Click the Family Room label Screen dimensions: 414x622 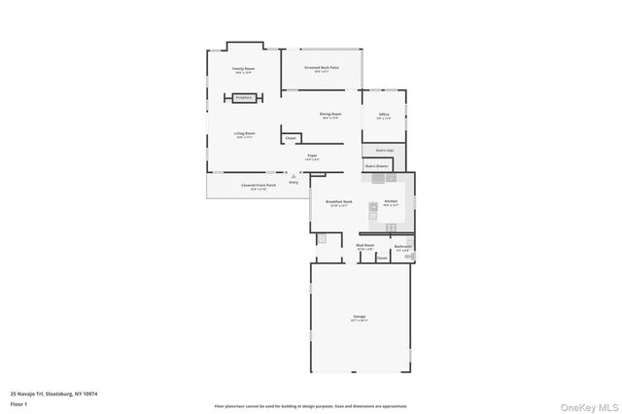[243, 69]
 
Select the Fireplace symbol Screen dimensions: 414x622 [243, 97]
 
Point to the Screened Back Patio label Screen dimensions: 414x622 [321, 68]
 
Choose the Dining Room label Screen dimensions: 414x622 [330, 115]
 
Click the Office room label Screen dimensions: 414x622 [384, 116]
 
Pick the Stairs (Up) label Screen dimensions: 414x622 [384, 151]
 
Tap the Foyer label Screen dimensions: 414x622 [313, 155]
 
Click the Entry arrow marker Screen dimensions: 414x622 [294, 177]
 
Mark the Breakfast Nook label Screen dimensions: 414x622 [339, 203]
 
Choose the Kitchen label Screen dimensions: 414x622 [391, 201]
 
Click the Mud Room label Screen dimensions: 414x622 [365, 247]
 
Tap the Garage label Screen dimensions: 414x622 [359, 317]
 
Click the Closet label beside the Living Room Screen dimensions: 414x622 [291, 139]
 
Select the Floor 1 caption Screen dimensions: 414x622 [19, 403]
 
